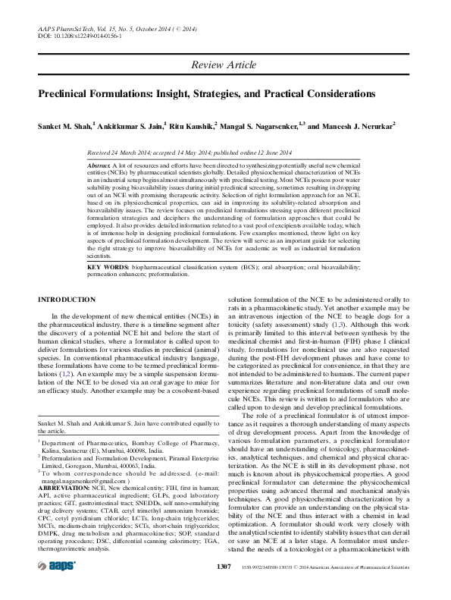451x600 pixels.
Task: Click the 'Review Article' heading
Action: [x=224, y=65]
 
